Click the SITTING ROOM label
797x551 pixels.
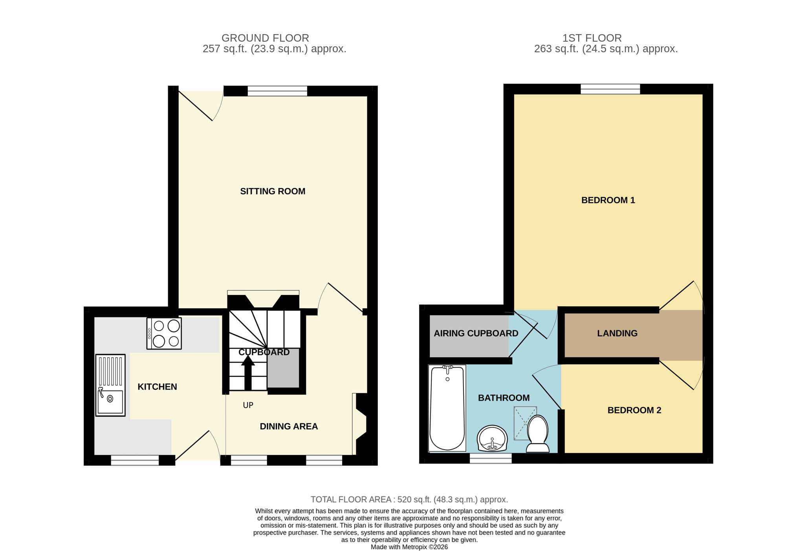(273, 191)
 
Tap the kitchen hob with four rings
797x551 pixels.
(164, 333)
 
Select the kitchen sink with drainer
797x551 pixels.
(110, 385)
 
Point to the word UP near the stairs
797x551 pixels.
(248, 405)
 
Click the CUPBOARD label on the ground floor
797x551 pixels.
(264, 352)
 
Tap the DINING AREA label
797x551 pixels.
(289, 427)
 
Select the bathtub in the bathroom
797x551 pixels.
(447, 408)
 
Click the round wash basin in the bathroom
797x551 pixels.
(492, 439)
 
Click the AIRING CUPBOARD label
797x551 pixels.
(476, 333)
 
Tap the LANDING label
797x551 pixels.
(617, 333)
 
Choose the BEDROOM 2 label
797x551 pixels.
(634, 410)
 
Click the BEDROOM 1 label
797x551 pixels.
(608, 200)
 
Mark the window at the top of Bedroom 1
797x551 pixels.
(610, 90)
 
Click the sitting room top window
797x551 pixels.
(277, 91)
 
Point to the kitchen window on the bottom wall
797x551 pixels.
(135, 460)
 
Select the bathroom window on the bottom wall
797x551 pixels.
(491, 458)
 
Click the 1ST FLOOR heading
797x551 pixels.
(592, 38)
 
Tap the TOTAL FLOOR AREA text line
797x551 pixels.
(409, 500)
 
